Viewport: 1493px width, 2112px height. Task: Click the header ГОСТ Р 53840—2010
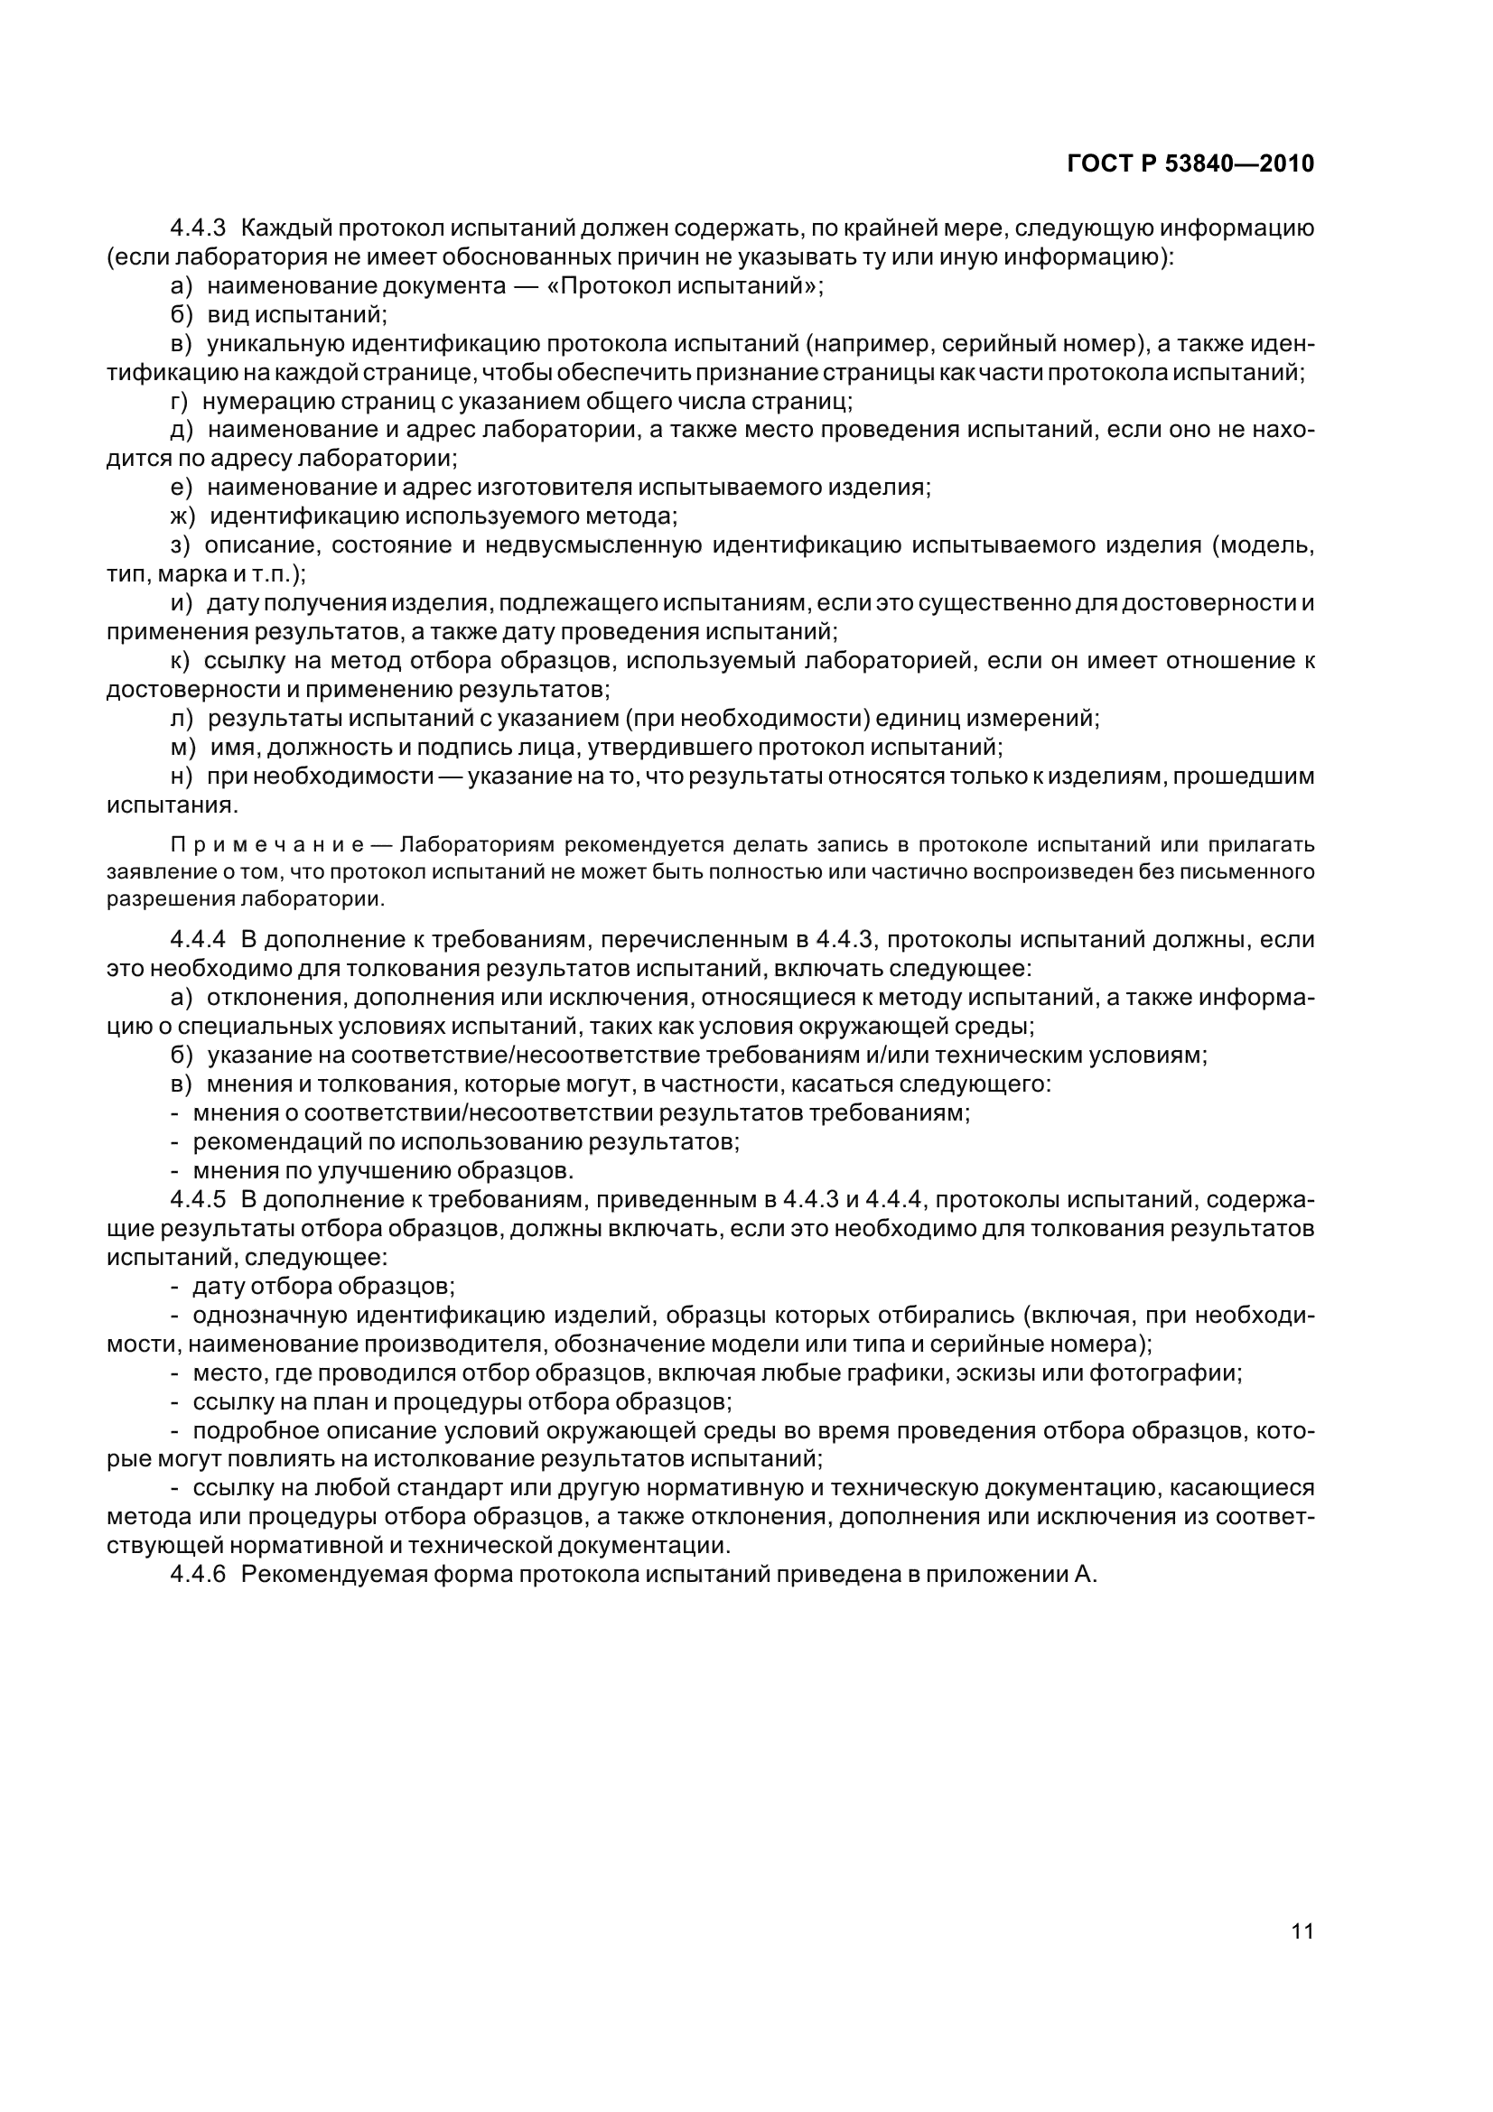pyautogui.click(x=1190, y=163)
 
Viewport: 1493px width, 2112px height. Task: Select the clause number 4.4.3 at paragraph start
pyautogui.click(x=198, y=229)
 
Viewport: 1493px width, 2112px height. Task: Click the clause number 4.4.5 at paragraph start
pyautogui.click(x=198, y=1199)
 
